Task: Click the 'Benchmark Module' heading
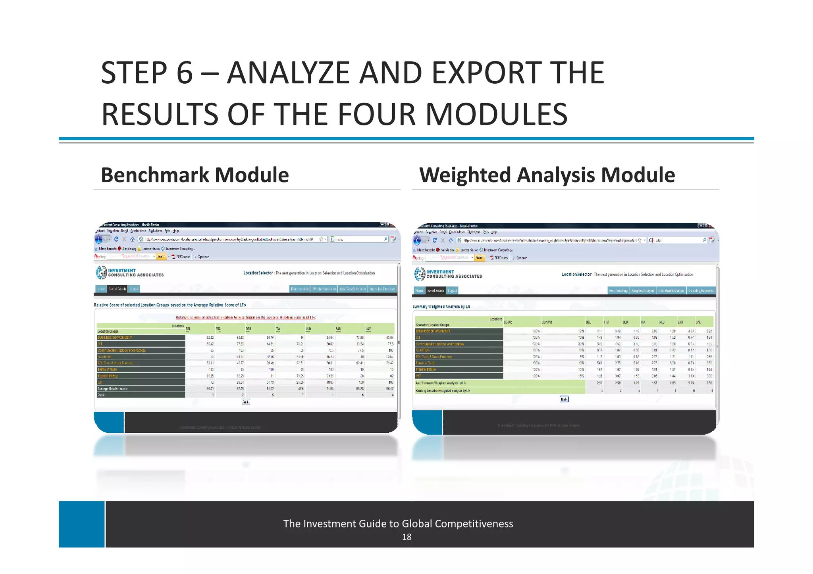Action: point(195,175)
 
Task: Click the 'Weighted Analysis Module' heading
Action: point(547,175)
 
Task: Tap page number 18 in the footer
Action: point(406,537)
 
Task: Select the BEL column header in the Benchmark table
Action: point(188,329)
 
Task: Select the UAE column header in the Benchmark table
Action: point(368,329)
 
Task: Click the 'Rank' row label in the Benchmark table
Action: point(101,395)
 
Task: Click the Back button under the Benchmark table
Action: point(246,402)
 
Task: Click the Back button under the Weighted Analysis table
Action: point(564,399)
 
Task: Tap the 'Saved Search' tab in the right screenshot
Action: point(435,291)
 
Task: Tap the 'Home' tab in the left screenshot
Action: point(101,289)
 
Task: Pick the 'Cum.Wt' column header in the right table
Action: point(547,322)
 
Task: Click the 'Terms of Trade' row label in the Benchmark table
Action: point(107,370)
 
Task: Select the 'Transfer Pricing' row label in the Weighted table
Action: point(426,369)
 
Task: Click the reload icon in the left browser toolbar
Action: point(116,239)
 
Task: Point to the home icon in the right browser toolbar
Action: point(451,240)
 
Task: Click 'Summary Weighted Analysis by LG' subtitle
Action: point(441,307)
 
